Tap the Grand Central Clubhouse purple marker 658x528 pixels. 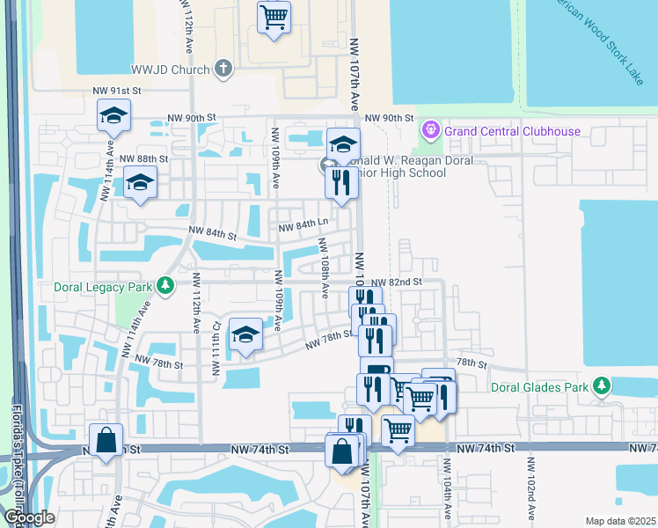[x=431, y=131]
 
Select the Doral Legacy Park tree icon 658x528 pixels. [x=164, y=285]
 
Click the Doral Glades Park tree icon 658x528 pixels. [x=602, y=385]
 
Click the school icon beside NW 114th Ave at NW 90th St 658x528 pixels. [x=113, y=116]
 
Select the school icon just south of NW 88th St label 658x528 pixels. [x=139, y=182]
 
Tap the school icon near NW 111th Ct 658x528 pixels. [x=245, y=334]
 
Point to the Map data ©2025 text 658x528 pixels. [x=620, y=521]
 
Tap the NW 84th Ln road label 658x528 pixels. [x=303, y=228]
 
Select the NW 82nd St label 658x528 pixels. [x=397, y=282]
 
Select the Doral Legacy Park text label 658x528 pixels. [x=101, y=286]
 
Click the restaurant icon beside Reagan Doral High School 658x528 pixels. [x=340, y=182]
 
